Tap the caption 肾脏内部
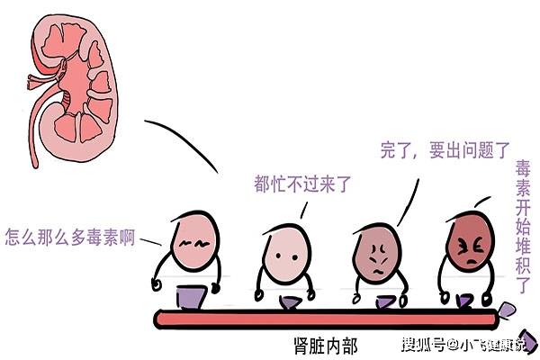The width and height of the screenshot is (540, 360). click(326, 346)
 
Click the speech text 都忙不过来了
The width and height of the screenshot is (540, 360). click(302, 184)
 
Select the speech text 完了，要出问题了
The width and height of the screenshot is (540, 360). click(445, 150)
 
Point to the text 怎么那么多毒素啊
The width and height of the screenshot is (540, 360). click(70, 237)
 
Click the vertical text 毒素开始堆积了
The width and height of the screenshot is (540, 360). click(523, 226)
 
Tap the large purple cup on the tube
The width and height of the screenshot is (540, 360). click(191, 297)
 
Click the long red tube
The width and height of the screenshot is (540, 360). click(327, 319)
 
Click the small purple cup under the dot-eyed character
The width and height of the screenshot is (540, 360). click(291, 302)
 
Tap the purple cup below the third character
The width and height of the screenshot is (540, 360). click(385, 301)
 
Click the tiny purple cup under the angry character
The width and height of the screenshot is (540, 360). click(463, 301)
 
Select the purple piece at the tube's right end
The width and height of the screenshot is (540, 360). click(507, 310)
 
